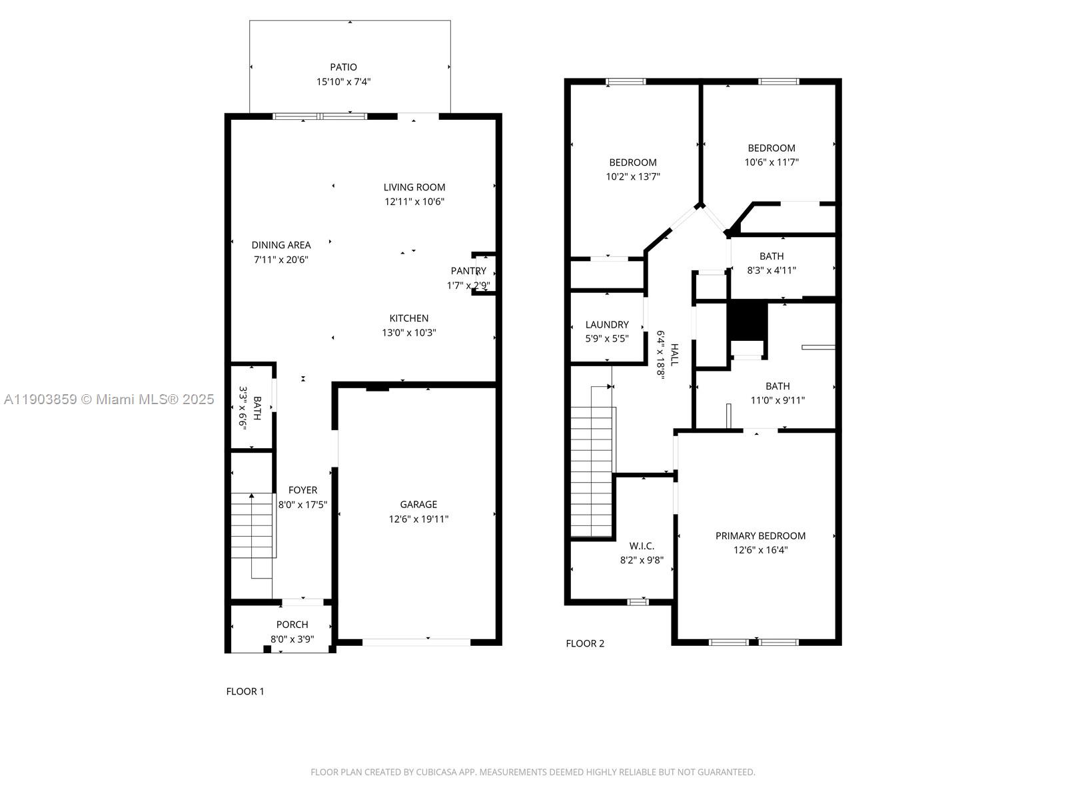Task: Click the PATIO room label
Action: click(x=343, y=67)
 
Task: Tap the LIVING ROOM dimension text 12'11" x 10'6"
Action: click(x=414, y=202)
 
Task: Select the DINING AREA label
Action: click(x=281, y=245)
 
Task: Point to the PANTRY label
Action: click(x=468, y=271)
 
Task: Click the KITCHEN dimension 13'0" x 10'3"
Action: click(x=408, y=333)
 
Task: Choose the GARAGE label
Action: click(x=418, y=505)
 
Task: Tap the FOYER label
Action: click(x=302, y=490)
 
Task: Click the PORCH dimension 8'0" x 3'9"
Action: click(x=292, y=639)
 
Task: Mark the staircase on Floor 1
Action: click(x=253, y=526)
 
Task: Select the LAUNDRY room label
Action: click(x=607, y=325)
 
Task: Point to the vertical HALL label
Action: click(x=674, y=355)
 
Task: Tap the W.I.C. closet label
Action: click(x=642, y=546)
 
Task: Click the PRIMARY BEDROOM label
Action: click(x=760, y=536)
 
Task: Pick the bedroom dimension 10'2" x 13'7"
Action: click(x=633, y=177)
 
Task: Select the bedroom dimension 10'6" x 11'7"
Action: click(x=772, y=162)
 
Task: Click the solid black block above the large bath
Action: click(x=747, y=321)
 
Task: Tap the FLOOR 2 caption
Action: click(x=585, y=644)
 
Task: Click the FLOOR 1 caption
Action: click(x=245, y=692)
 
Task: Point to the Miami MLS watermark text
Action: click(x=109, y=400)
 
